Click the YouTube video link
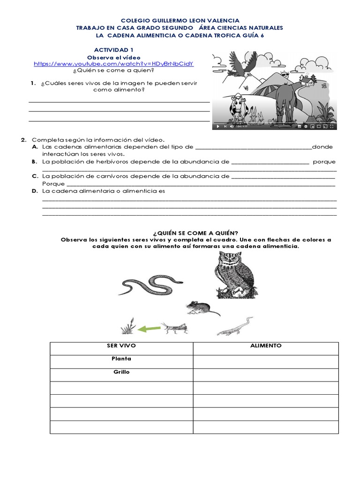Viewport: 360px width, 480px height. click(x=114, y=63)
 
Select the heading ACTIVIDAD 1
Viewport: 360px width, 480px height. click(x=114, y=49)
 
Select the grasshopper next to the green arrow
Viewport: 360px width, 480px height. click(x=174, y=328)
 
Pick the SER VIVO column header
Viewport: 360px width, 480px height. click(x=121, y=345)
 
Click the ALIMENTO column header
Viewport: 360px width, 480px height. click(x=266, y=345)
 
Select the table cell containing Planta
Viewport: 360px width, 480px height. click(x=121, y=359)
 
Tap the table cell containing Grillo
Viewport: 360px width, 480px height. click(x=121, y=372)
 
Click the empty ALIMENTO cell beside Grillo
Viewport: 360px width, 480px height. click(x=266, y=375)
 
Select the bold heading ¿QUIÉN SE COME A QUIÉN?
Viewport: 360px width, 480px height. click(x=195, y=233)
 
